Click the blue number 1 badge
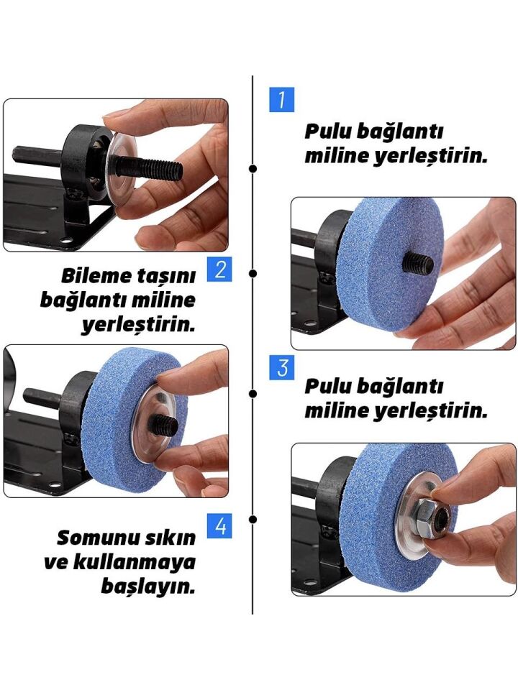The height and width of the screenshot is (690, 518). pos(281,99)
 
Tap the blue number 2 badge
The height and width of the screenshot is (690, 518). pos(219,270)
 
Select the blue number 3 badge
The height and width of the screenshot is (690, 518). pos(281,367)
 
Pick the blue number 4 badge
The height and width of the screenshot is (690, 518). pos(219,526)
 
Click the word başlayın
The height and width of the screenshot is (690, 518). pos(147,586)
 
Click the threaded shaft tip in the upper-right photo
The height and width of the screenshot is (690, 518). pos(418,262)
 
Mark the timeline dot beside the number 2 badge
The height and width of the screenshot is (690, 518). pos(253,273)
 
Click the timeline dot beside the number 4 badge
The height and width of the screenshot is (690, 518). pos(253,519)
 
